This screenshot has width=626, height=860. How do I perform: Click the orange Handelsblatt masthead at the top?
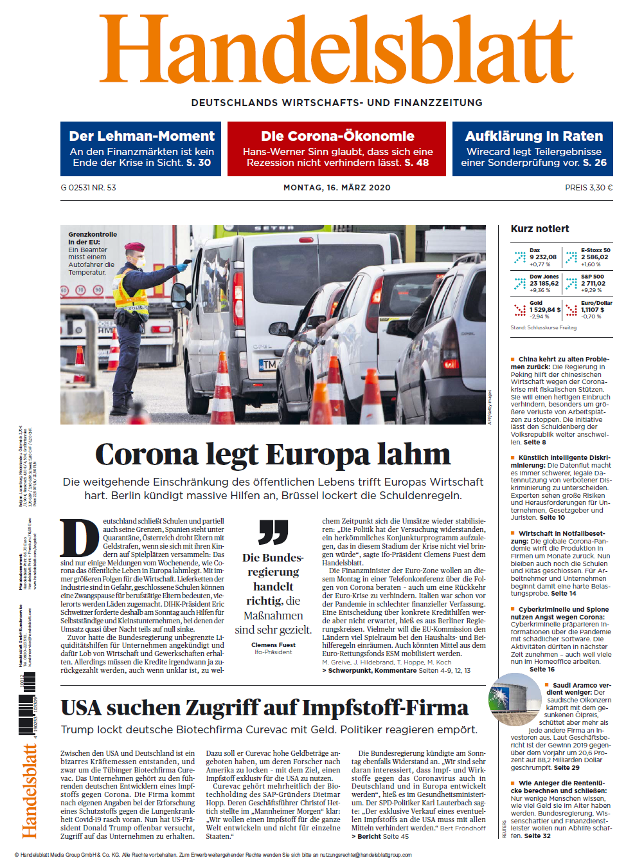click(x=336, y=50)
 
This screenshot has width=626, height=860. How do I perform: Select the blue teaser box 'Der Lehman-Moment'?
click(x=141, y=149)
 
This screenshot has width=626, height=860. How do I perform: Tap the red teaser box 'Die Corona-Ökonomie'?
click(x=337, y=149)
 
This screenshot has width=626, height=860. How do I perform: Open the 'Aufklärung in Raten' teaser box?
click(x=533, y=149)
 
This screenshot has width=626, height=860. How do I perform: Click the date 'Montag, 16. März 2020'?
click(x=337, y=188)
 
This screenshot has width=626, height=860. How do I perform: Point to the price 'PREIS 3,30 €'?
click(x=588, y=188)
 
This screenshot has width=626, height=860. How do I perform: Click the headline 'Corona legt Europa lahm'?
click(x=273, y=455)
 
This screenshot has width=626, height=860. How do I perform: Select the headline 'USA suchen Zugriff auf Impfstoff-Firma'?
click(x=264, y=708)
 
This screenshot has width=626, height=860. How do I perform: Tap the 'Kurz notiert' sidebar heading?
click(x=540, y=229)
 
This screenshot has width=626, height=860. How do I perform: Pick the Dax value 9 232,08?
click(x=543, y=257)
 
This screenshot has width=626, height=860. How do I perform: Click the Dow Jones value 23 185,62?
click(x=544, y=284)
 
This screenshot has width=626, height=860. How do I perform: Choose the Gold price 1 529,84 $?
click(x=545, y=310)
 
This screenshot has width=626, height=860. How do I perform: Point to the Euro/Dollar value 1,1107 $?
click(x=593, y=310)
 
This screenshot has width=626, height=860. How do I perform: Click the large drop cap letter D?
click(x=80, y=538)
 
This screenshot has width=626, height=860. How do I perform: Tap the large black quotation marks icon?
click(x=273, y=532)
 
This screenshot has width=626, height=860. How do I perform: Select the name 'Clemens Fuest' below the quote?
click(x=273, y=645)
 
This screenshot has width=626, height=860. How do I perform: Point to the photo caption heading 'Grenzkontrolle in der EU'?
click(x=93, y=238)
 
